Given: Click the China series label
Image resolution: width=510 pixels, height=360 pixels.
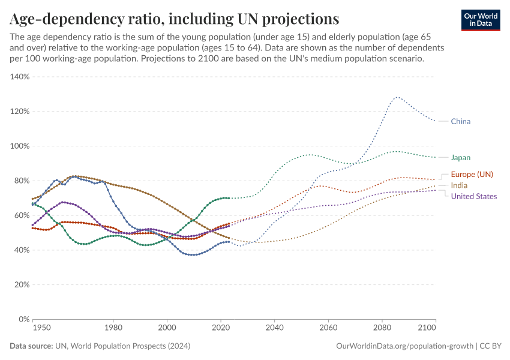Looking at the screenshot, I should pos(460,121).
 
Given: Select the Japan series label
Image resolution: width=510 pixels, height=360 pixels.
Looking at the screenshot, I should pos(460,157).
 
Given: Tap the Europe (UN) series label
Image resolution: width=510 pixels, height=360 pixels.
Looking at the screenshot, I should pos(472,174).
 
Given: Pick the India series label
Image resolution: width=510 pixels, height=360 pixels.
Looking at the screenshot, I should pos(459,185).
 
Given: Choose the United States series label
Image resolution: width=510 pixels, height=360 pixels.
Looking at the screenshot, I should pos(473,196).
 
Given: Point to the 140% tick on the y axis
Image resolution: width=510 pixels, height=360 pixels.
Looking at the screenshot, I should pos(20,77).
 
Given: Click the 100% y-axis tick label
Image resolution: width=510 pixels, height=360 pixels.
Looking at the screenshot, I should pos(20,146).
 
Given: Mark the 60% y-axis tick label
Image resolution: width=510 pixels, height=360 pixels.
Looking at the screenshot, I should pos(22,215).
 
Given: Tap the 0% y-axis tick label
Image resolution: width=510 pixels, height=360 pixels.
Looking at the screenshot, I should pos(24,319).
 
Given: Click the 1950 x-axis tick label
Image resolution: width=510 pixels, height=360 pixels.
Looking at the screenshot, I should pos(41,328).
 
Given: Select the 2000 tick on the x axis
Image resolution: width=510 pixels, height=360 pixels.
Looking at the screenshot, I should pos(167,328).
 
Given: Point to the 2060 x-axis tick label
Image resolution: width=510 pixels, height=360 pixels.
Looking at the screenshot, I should pos(328,328).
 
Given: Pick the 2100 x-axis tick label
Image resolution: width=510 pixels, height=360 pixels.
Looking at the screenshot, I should pos(426,328).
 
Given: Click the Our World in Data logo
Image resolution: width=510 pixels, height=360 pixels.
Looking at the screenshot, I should pos(480,20).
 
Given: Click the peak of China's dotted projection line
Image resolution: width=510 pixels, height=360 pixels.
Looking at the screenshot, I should pos(397,97).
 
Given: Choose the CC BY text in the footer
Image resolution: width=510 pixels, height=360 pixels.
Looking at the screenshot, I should pos(491,346).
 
